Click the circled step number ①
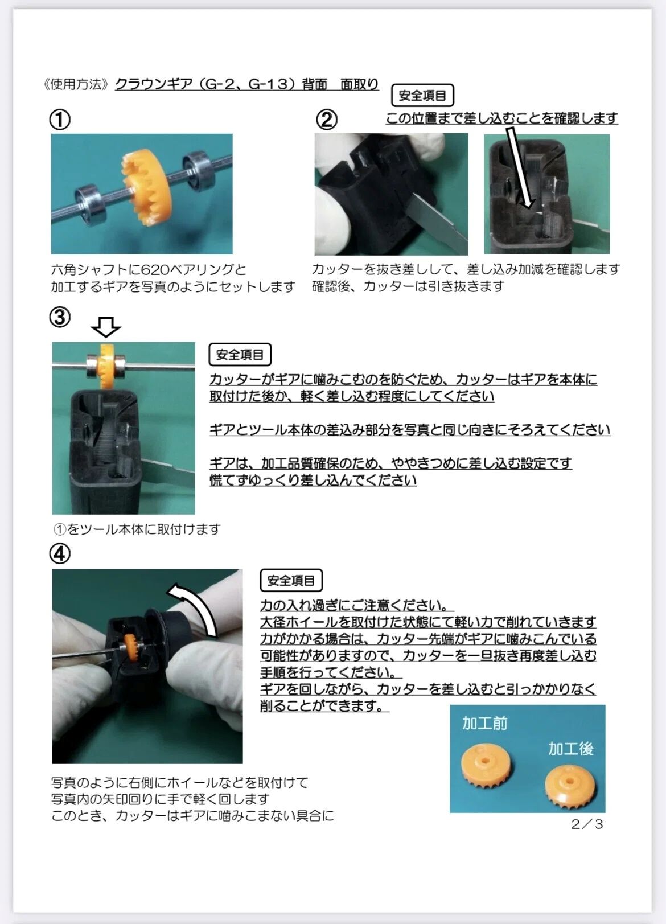(60, 120)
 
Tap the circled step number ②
(327, 120)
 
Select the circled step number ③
(60, 317)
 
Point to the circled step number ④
(60, 553)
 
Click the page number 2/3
(587, 824)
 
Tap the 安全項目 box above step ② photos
(422, 95)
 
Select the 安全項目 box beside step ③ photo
(240, 354)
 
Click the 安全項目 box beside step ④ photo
(291, 580)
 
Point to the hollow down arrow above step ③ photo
(106, 327)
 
